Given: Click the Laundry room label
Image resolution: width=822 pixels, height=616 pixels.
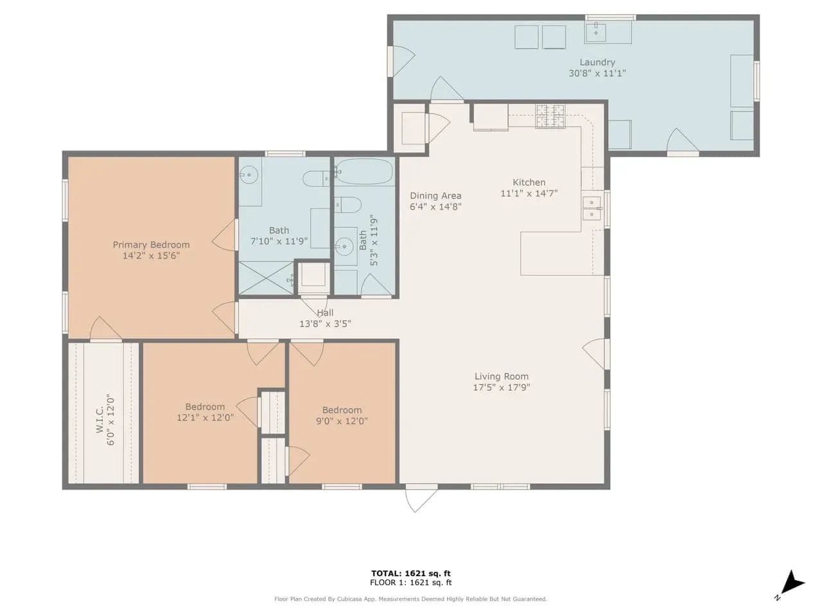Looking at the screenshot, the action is pos(597,62).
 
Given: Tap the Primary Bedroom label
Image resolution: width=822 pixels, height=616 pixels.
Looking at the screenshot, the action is pos(151,244).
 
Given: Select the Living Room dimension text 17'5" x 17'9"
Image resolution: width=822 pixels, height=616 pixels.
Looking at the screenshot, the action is pos(501,387).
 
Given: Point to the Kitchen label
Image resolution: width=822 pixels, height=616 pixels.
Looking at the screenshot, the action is pos(529,182).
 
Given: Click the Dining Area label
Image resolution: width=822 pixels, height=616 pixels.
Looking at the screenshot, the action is pos(435,196).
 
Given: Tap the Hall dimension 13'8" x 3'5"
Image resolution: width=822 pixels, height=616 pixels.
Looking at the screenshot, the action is pos(325,324).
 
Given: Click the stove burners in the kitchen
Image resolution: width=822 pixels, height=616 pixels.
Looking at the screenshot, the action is pos(550,116).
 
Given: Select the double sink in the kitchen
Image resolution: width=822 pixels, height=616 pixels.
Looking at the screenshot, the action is pos(591,209).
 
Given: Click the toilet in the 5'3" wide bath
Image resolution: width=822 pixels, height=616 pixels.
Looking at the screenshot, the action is pos(348,205).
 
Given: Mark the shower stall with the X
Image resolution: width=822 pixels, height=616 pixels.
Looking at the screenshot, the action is pos(267,278).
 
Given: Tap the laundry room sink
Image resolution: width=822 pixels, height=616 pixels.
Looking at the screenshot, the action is pos(595,32).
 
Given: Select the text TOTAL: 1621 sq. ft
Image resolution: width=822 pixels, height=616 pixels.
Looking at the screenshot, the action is pos(411,574).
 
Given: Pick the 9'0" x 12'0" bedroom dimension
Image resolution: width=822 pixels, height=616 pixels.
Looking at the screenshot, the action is pos(342,421).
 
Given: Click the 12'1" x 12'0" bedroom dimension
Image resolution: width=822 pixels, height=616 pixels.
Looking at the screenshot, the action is pos(205,417).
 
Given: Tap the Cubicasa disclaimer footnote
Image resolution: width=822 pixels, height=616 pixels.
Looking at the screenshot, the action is pos(411,599).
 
